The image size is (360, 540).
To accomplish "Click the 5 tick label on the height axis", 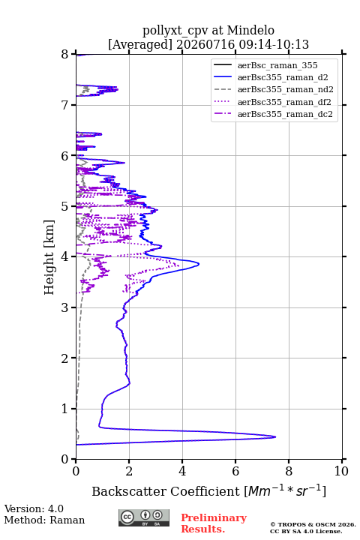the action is tap(65, 206).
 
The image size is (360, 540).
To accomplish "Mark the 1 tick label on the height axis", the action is tap(65, 409).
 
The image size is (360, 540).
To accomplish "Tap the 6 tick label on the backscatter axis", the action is tap(235, 471).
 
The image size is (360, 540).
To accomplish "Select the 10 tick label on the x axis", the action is tap(341, 471).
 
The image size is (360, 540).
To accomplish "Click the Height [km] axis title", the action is tap(49, 257).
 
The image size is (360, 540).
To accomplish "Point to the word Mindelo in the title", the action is tap(250, 31).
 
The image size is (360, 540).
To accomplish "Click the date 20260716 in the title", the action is tap(205, 44).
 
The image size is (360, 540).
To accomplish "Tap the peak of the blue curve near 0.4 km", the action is tap(275, 437).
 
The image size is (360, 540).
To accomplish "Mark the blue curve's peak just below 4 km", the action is tap(199, 264).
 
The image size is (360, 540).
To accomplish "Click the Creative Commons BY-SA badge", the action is tap(144, 517).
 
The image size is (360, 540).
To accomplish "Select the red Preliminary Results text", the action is tap(214, 523).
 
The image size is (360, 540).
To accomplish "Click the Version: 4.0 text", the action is tap(34, 508).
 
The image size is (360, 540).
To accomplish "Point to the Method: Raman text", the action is tap(44, 520).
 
